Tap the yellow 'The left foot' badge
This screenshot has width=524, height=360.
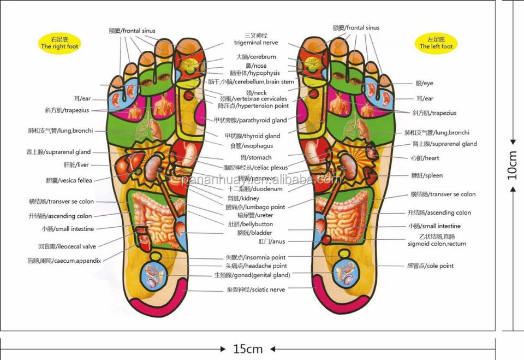[436, 43]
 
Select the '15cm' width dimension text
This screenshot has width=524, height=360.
[248, 349]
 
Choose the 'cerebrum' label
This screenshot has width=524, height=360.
[256, 57]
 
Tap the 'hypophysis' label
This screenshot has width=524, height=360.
[255, 73]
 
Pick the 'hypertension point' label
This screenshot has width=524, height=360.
[253, 106]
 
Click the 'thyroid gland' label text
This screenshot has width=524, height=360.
[252, 136]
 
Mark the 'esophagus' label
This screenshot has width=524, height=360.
[251, 146]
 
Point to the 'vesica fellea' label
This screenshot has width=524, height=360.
[69, 180]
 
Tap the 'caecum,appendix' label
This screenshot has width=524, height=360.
[64, 261]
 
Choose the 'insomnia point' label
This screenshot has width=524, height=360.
[255, 257]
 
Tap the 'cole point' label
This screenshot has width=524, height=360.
[431, 266]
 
